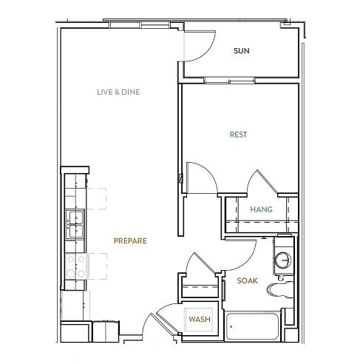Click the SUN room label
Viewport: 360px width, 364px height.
(x=240, y=51)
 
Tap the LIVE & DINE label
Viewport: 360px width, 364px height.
(x=118, y=92)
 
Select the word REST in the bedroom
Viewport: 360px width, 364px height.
(x=238, y=135)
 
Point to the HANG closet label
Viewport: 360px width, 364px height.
(x=261, y=209)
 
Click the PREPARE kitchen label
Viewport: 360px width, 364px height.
(x=130, y=240)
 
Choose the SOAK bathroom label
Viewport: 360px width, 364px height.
(x=247, y=280)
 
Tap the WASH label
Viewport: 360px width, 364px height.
(x=198, y=319)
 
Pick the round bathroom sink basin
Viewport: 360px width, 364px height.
(x=283, y=260)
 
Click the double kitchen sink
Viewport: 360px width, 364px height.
(x=75, y=224)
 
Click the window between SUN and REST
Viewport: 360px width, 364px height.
(x=240, y=78)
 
